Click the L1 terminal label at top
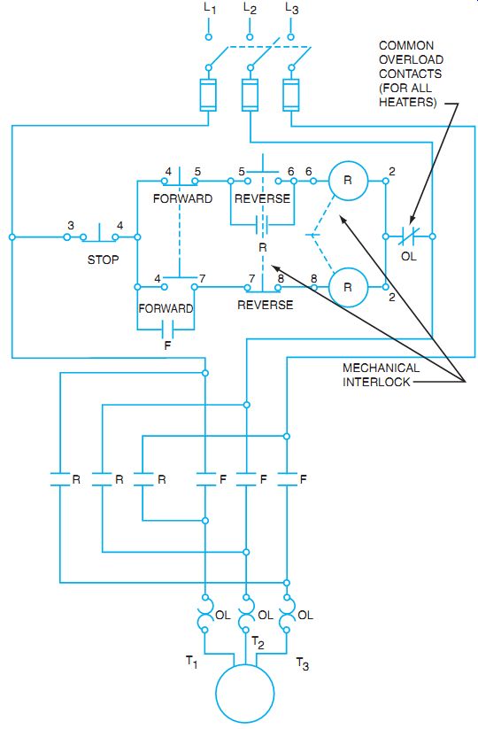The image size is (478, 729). pyautogui.click(x=210, y=8)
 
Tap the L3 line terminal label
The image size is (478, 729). pyautogui.click(x=292, y=8)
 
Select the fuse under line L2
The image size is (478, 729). pyautogui.click(x=250, y=96)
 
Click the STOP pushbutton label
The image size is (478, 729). pyautogui.click(x=104, y=260)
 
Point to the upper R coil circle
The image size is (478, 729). pyautogui.click(x=348, y=181)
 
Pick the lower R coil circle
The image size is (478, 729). pyautogui.click(x=348, y=287)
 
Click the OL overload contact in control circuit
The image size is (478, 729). pyautogui.click(x=409, y=237)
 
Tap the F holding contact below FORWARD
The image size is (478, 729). pyautogui.click(x=167, y=330)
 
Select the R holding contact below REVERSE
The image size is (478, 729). pyautogui.click(x=263, y=226)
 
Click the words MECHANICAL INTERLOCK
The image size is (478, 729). pyautogui.click(x=381, y=375)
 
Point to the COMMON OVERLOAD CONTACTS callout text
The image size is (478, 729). pyautogui.click(x=411, y=74)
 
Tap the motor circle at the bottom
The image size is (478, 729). pyautogui.click(x=245, y=694)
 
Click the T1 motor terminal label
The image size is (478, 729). pyautogui.click(x=192, y=662)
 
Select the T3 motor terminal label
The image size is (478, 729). pyautogui.click(x=303, y=664)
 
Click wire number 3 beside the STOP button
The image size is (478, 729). pyautogui.click(x=71, y=226)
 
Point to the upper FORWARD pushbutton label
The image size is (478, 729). pyautogui.click(x=182, y=198)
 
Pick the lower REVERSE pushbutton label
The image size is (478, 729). pyautogui.click(x=266, y=305)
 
